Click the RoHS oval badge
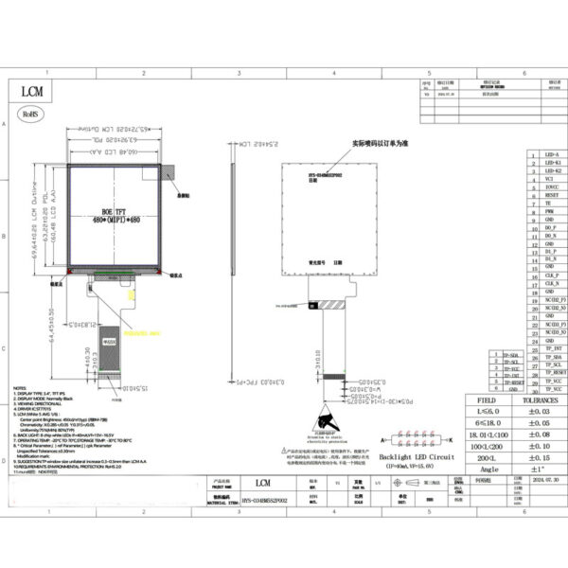(32, 111)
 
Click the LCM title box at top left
(34, 91)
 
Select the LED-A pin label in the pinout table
(552, 153)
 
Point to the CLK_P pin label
(552, 275)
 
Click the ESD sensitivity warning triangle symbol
(327, 419)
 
